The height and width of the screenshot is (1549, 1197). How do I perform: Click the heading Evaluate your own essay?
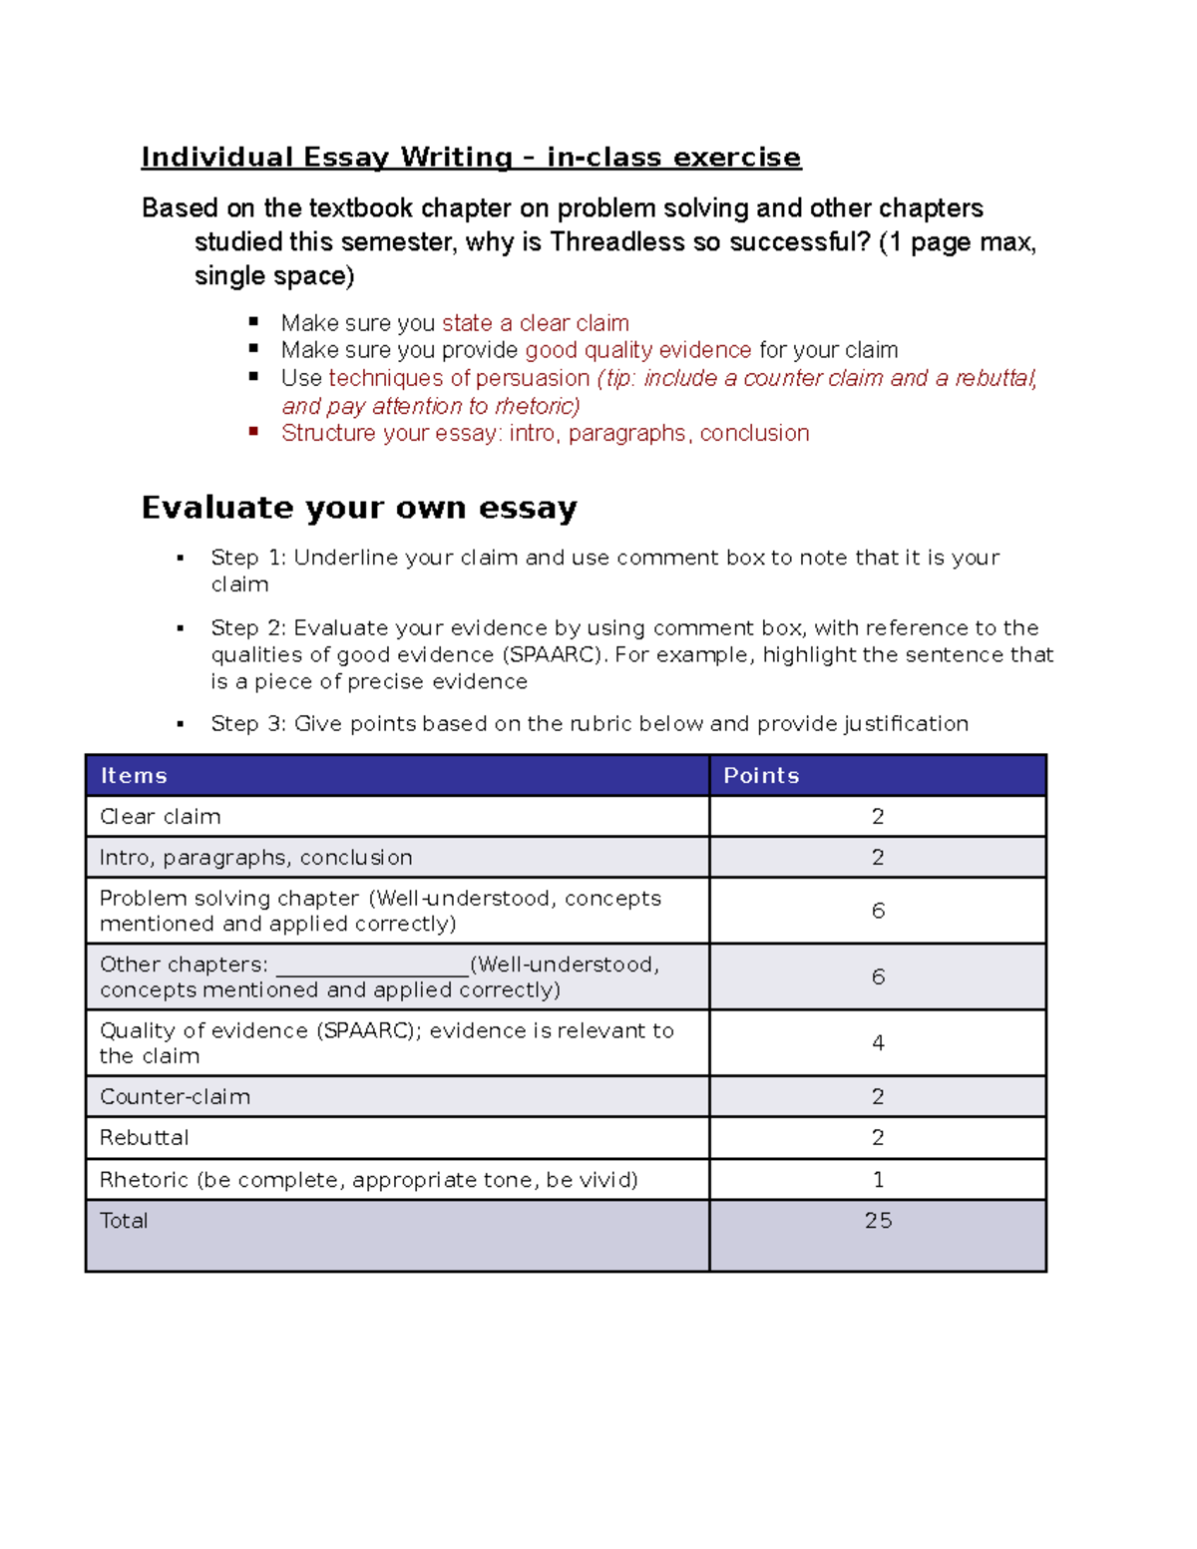(x=359, y=508)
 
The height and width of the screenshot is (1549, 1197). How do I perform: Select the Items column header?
(x=134, y=776)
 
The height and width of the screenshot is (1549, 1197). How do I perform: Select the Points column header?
(x=761, y=776)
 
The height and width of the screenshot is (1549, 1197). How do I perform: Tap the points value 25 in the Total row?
(x=878, y=1221)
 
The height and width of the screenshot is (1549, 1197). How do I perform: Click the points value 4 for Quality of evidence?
(x=878, y=1043)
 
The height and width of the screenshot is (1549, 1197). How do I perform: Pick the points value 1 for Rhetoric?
(x=878, y=1180)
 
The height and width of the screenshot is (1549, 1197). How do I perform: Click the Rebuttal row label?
(x=145, y=1138)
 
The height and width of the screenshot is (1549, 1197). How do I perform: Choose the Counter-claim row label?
(x=176, y=1097)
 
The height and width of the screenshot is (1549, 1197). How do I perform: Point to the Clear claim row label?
(x=161, y=817)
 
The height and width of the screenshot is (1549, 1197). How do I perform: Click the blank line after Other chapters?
(x=371, y=966)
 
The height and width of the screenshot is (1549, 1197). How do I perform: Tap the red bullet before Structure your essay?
(x=254, y=432)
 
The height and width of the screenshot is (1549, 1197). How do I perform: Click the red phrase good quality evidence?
(x=638, y=350)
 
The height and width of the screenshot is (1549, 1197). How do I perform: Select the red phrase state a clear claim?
(x=536, y=323)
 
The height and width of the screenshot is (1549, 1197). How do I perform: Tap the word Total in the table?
(x=124, y=1221)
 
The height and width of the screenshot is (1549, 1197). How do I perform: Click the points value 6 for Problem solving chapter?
(x=878, y=911)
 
